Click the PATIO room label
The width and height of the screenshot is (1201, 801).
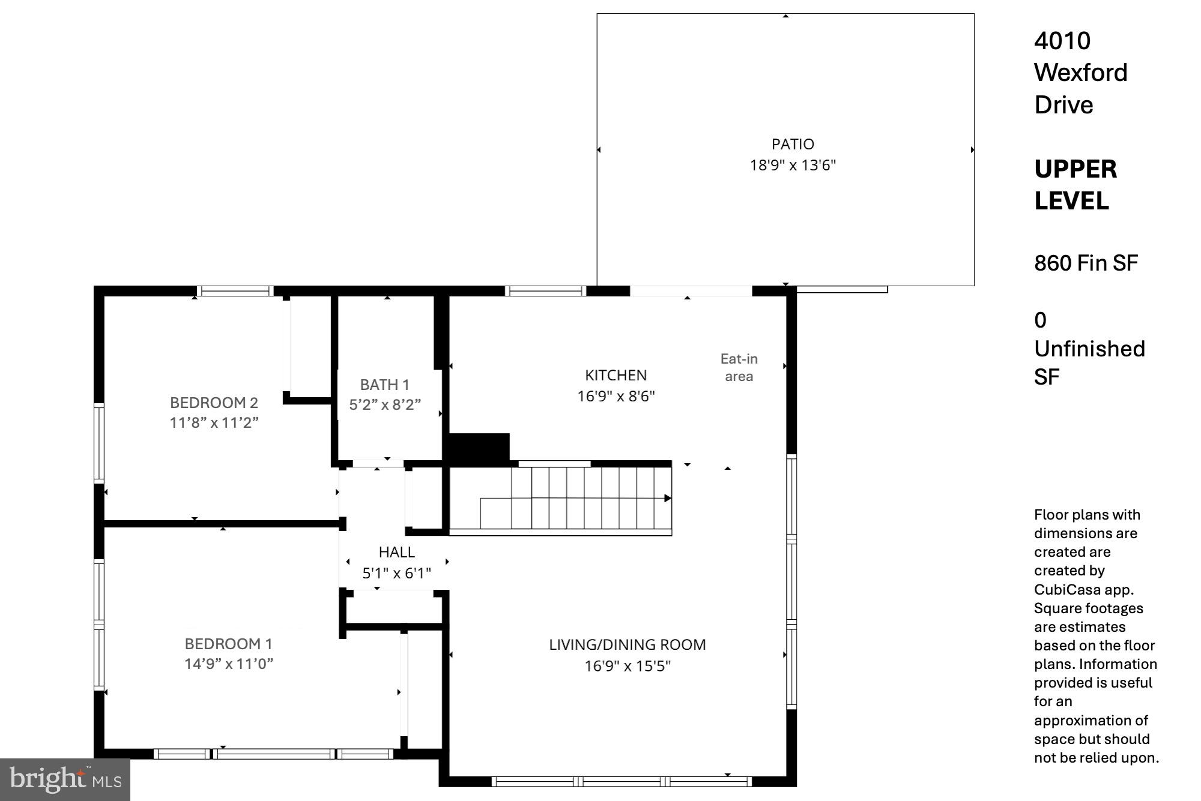tap(793, 144)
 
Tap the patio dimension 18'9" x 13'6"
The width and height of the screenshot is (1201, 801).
tap(793, 165)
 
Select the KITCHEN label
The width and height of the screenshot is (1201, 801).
tap(616, 375)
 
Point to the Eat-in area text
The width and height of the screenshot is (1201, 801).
tap(739, 367)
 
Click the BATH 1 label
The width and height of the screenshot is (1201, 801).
tap(384, 385)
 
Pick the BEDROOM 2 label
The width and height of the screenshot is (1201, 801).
tap(214, 402)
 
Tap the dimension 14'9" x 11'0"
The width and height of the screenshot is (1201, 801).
tap(228, 664)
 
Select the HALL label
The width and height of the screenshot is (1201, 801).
tap(396, 552)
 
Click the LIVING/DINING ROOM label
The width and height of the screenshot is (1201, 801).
tap(627, 644)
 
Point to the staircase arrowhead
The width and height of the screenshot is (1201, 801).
tap(667, 499)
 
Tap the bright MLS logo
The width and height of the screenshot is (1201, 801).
tap(65, 779)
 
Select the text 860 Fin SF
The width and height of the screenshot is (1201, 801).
tap(1086, 263)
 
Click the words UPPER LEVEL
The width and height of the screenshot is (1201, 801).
tap(1075, 185)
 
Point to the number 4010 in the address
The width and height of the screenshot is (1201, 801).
tap(1062, 41)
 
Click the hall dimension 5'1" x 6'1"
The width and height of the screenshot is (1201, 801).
tap(396, 573)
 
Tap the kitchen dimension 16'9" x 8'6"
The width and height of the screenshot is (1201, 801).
tap(616, 396)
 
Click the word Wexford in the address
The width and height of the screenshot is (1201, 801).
tap(1080, 73)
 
